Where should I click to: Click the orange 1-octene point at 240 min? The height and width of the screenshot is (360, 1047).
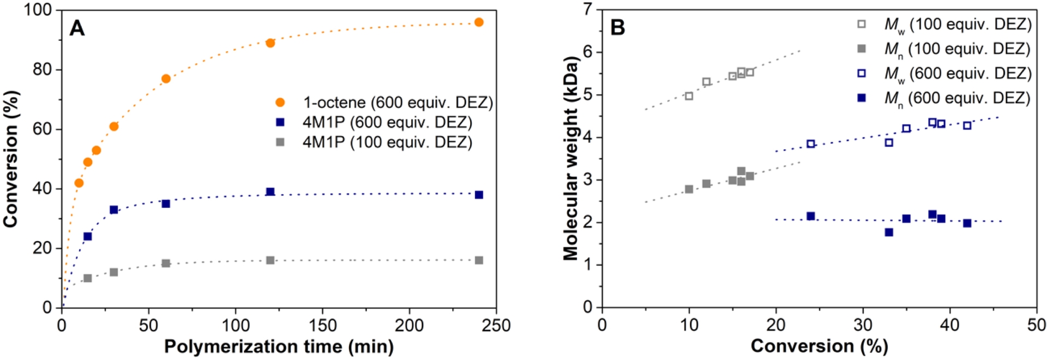(x=479, y=22)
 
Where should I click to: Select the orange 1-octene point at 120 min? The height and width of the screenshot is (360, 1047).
(x=270, y=43)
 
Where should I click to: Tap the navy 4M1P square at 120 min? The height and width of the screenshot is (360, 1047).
(x=270, y=192)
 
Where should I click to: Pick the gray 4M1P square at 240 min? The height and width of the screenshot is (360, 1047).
(x=479, y=260)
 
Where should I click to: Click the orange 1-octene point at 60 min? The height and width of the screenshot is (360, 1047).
(x=166, y=79)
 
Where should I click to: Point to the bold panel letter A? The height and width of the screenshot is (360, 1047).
(x=77, y=28)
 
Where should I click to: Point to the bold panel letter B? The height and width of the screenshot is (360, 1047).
(x=617, y=27)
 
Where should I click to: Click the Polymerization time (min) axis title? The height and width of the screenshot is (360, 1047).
(x=279, y=347)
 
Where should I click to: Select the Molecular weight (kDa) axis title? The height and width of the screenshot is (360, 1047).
(x=571, y=158)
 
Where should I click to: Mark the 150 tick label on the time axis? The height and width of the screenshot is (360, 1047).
(x=322, y=326)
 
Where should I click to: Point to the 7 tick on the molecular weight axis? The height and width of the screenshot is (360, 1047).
(x=588, y=10)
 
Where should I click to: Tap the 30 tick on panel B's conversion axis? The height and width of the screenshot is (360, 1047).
(x=863, y=325)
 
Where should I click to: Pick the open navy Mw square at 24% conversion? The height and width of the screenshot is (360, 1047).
(x=810, y=144)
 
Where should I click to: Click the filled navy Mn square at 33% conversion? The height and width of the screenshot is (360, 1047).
(x=889, y=232)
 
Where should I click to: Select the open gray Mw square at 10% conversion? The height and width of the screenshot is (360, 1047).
(x=689, y=96)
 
